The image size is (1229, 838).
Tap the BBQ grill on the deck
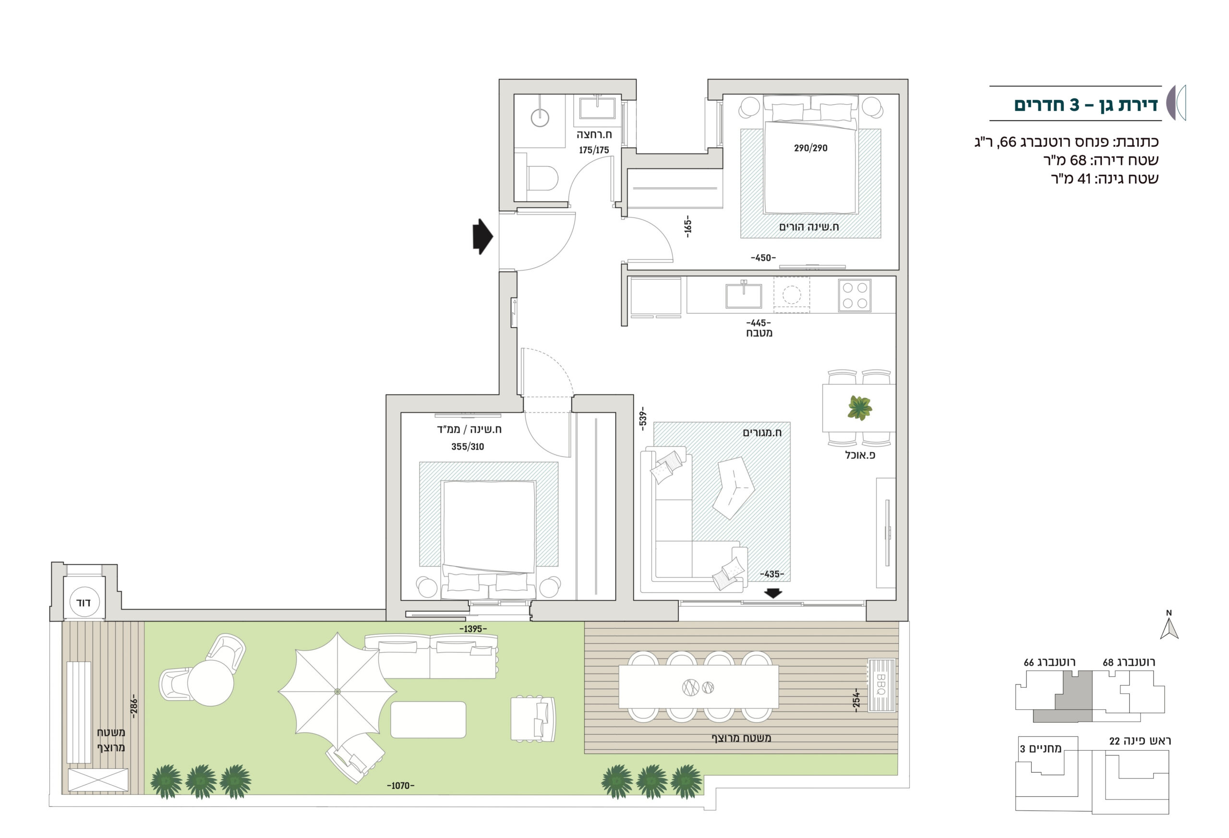pyautogui.click(x=881, y=685)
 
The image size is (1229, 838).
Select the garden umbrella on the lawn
pyautogui.click(x=337, y=690)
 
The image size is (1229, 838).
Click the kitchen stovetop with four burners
pyautogui.click(x=855, y=295)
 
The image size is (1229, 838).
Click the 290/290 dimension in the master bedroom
pyautogui.click(x=810, y=148)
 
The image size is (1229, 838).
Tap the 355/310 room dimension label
pyautogui.click(x=468, y=447)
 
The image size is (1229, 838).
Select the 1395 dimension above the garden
pyautogui.click(x=473, y=629)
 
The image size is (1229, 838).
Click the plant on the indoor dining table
pyautogui.click(x=859, y=408)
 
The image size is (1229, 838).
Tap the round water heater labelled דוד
pyautogui.click(x=84, y=602)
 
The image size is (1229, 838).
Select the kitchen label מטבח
pyautogui.click(x=759, y=333)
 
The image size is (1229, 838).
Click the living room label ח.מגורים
pyautogui.click(x=762, y=432)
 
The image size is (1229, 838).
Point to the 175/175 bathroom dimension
pyautogui.click(x=593, y=150)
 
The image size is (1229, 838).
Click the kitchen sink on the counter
pyautogui.click(x=744, y=295)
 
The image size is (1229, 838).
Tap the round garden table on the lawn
pyautogui.click(x=210, y=682)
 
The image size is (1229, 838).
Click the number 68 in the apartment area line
pyautogui.click(x=1078, y=160)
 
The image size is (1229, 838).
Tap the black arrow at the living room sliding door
pyautogui.click(x=773, y=594)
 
